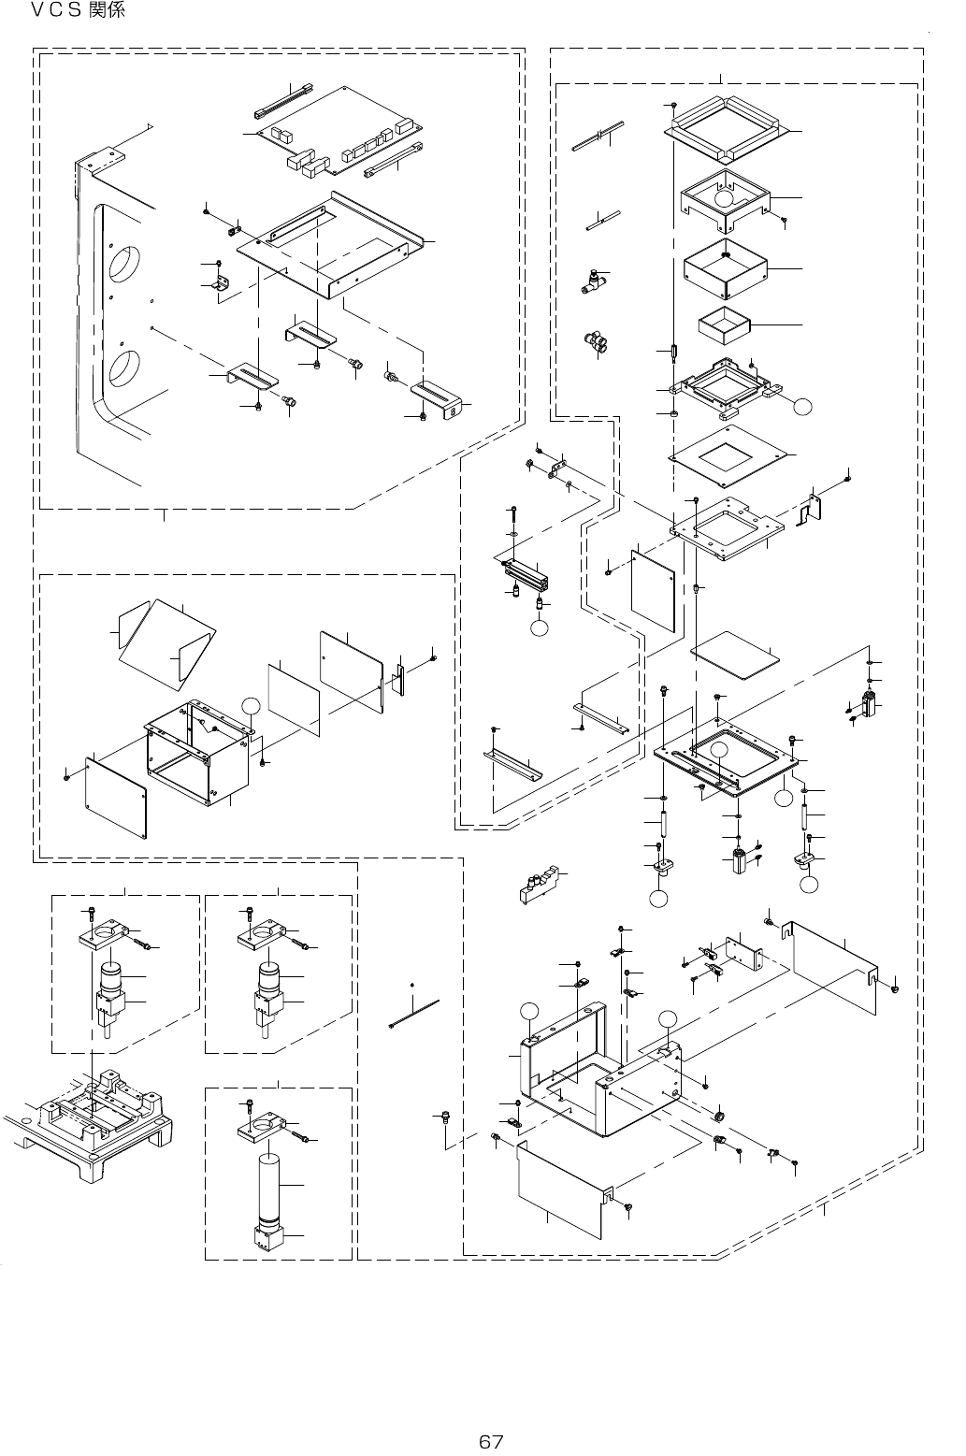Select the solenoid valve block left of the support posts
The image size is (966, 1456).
[x=543, y=885]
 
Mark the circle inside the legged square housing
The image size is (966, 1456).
[x=725, y=198]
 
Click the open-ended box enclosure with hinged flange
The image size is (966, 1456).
[x=198, y=748]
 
